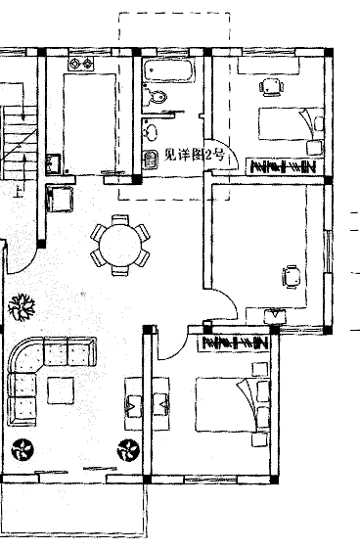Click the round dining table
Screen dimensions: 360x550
tap(119, 246)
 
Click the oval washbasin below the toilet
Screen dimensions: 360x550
tap(152, 132)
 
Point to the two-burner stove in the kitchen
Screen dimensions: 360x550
tap(81, 64)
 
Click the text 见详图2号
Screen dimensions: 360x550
tap(194, 155)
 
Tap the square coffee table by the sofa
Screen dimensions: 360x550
tap(61, 390)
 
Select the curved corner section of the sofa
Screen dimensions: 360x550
tap(24, 354)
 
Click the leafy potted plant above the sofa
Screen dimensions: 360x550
tap(22, 307)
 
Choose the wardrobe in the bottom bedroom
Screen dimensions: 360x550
tap(235, 343)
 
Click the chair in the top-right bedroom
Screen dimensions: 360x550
tap(271, 87)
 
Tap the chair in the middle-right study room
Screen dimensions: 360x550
tap(292, 277)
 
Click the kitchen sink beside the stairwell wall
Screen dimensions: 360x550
tap(53, 163)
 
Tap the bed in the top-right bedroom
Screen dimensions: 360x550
tap(291, 124)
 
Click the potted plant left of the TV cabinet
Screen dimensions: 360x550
tap(128, 450)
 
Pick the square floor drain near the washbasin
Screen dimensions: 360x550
tap(151, 160)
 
